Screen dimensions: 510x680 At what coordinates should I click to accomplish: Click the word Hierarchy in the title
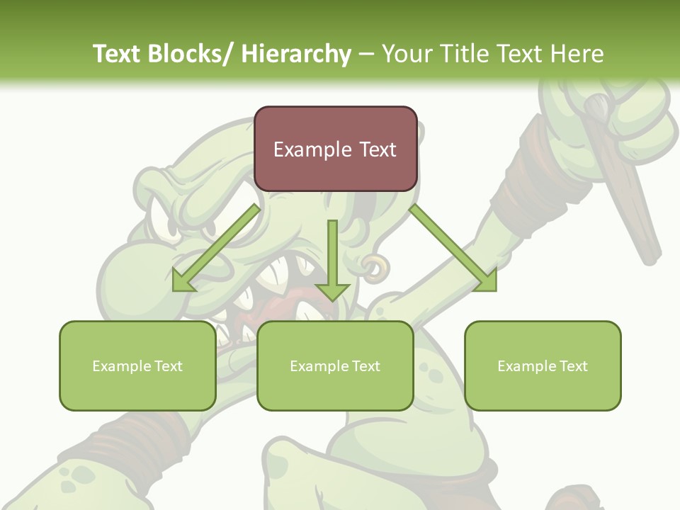point(295,54)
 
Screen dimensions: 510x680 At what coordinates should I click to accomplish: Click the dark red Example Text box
point(335,149)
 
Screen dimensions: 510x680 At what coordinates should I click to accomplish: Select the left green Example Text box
point(137,365)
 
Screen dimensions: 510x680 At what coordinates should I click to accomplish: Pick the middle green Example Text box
point(335,365)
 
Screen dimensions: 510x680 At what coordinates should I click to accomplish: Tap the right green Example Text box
point(543,365)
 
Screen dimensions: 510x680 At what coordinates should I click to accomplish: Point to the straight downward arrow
point(332,262)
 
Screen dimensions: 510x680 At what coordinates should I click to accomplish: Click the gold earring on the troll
point(375,266)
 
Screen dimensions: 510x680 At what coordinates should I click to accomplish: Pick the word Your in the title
point(403,54)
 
